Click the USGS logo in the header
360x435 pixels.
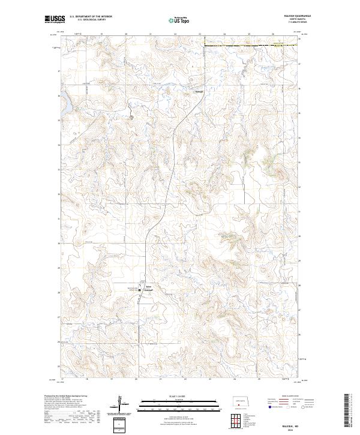pyautogui.click(x=55, y=19)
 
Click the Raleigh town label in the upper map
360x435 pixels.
pyautogui.click(x=199, y=91)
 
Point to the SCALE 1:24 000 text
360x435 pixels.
pyautogui.click(x=179, y=396)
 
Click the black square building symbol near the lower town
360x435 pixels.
pyautogui.click(x=142, y=291)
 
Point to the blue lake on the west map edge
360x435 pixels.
pyautogui.click(x=64, y=107)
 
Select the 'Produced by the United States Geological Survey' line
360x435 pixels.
pyautogui.click(x=66, y=397)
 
